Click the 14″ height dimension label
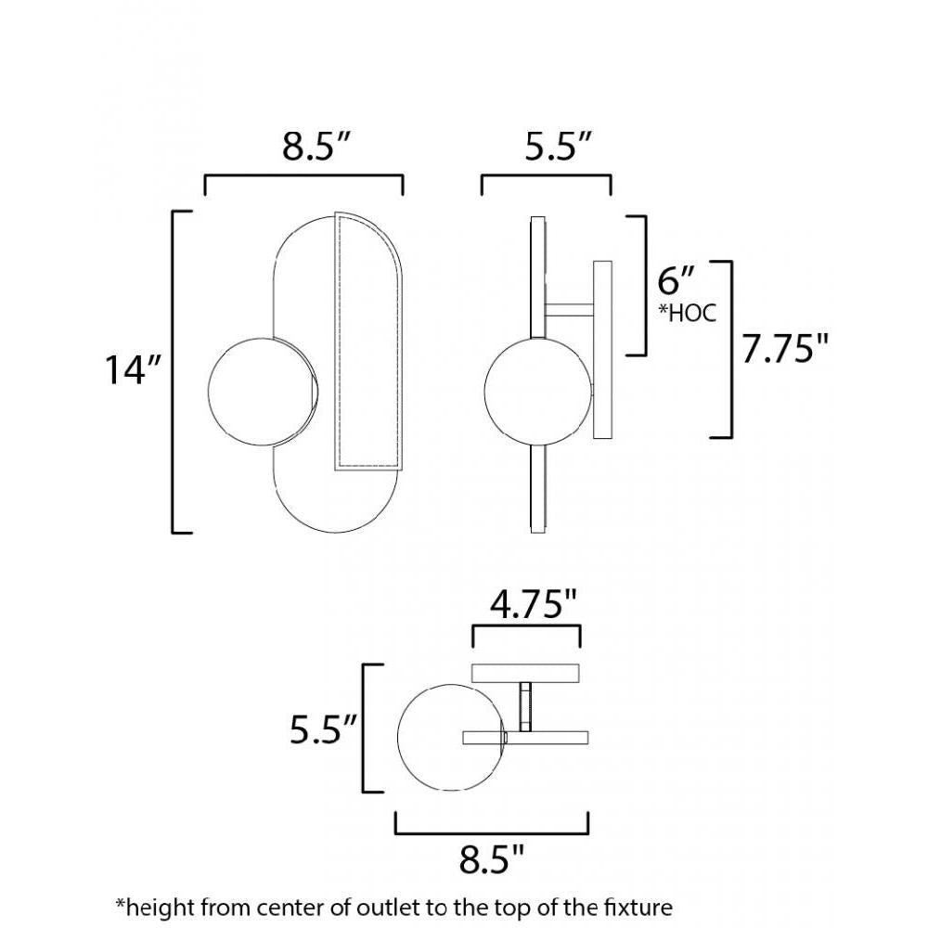[133, 369]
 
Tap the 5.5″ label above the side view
[559, 147]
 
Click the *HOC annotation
[687, 313]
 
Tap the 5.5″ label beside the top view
[321, 730]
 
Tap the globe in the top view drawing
[450, 737]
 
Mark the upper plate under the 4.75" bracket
[526, 673]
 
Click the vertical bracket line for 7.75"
[733, 349]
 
